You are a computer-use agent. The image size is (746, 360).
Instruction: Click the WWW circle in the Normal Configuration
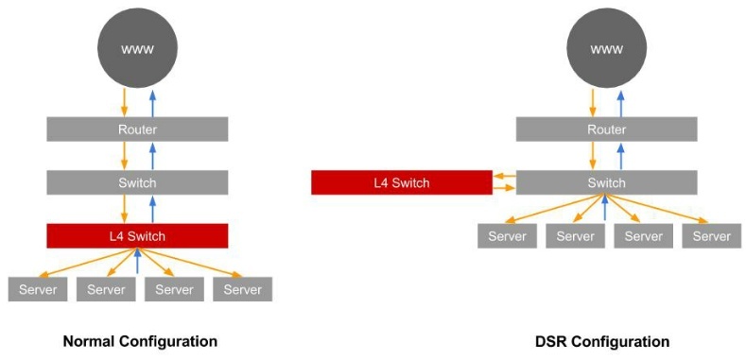(137, 48)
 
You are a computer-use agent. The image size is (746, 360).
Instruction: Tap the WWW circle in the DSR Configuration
(607, 48)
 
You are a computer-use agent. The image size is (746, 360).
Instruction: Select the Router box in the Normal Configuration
(137, 129)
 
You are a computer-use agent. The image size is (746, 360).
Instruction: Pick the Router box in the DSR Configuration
(607, 129)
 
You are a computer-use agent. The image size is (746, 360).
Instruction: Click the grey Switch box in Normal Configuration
(137, 182)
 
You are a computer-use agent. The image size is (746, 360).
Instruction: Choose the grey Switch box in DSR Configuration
(607, 182)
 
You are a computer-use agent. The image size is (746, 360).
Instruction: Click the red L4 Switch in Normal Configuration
(137, 236)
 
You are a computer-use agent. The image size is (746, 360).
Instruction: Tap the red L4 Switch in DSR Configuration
(402, 182)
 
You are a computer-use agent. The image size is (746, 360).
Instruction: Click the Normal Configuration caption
(140, 341)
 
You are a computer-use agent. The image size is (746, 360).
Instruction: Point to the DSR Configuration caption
(602, 341)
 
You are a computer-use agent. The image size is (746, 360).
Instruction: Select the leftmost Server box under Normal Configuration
(38, 289)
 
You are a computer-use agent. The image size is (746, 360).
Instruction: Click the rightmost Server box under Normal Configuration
(243, 289)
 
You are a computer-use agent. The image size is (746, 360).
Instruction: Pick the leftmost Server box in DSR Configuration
(507, 236)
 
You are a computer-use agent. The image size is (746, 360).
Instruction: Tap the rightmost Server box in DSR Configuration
(712, 236)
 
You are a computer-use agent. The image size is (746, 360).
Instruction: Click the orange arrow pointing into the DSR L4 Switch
(504, 177)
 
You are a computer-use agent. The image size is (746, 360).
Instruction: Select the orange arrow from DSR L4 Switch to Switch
(504, 188)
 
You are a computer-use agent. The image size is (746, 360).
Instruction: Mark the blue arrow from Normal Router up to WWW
(152, 103)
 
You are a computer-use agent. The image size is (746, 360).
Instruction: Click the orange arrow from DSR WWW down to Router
(593, 103)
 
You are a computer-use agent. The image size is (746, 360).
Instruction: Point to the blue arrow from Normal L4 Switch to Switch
(152, 209)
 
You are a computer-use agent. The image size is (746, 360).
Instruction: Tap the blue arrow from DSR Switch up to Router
(621, 156)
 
